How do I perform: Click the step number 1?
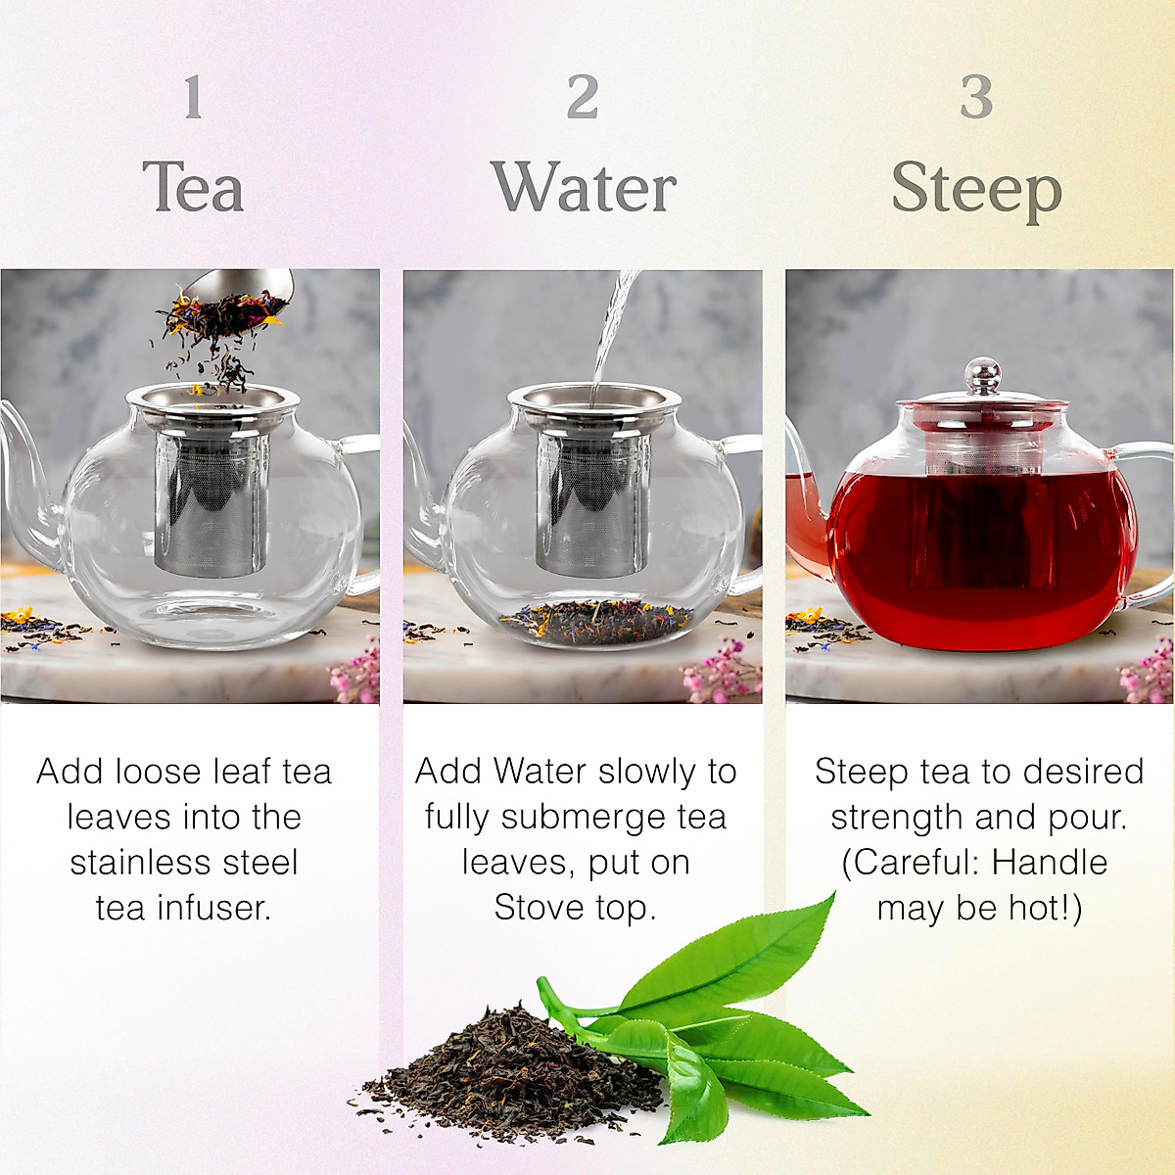tap(193, 98)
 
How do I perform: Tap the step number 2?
tap(583, 98)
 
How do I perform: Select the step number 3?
tap(976, 98)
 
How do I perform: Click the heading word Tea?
tap(193, 187)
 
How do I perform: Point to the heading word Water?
tap(584, 187)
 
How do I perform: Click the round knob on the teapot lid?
tap(982, 375)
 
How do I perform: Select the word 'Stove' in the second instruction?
tap(535, 908)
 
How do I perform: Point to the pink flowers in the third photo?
tap(1148, 676)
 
